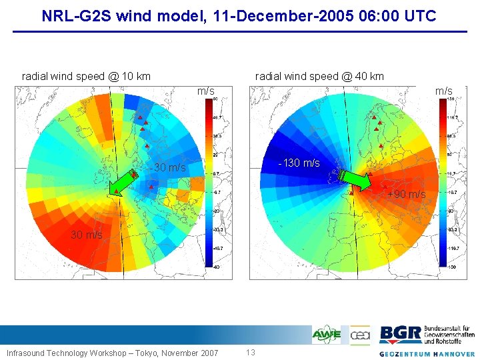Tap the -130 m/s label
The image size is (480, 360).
tap(299, 163)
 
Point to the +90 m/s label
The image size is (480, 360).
tap(406, 195)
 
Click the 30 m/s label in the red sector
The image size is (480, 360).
tap(87, 235)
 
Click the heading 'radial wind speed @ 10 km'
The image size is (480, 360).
tap(86, 76)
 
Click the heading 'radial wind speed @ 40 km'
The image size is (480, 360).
tap(319, 76)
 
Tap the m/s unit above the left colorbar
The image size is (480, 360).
tap(205, 90)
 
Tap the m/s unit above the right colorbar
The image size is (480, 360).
tap(443, 90)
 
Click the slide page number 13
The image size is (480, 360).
tap(251, 352)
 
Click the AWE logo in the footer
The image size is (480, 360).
tap(327, 335)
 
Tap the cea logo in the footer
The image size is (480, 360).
tap(360, 335)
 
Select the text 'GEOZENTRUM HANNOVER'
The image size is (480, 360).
tap(427, 353)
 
